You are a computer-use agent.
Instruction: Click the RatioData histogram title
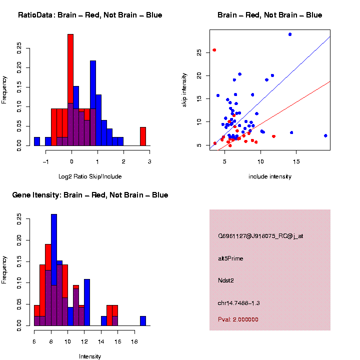[x=90, y=15]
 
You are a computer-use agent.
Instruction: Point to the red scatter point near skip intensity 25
[x=214, y=50]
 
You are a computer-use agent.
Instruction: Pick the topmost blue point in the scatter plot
[x=290, y=34]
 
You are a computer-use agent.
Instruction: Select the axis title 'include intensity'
[x=270, y=176]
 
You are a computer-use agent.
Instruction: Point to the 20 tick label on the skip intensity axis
[x=198, y=75]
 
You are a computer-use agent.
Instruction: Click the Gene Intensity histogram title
[x=90, y=195]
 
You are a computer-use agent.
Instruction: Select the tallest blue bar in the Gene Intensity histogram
[x=54, y=250]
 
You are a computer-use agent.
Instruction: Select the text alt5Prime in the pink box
[x=230, y=258]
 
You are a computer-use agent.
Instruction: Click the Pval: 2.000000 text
[x=238, y=319]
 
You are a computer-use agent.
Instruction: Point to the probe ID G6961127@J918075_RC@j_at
[x=260, y=236]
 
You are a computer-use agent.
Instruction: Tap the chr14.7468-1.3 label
[x=238, y=303]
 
